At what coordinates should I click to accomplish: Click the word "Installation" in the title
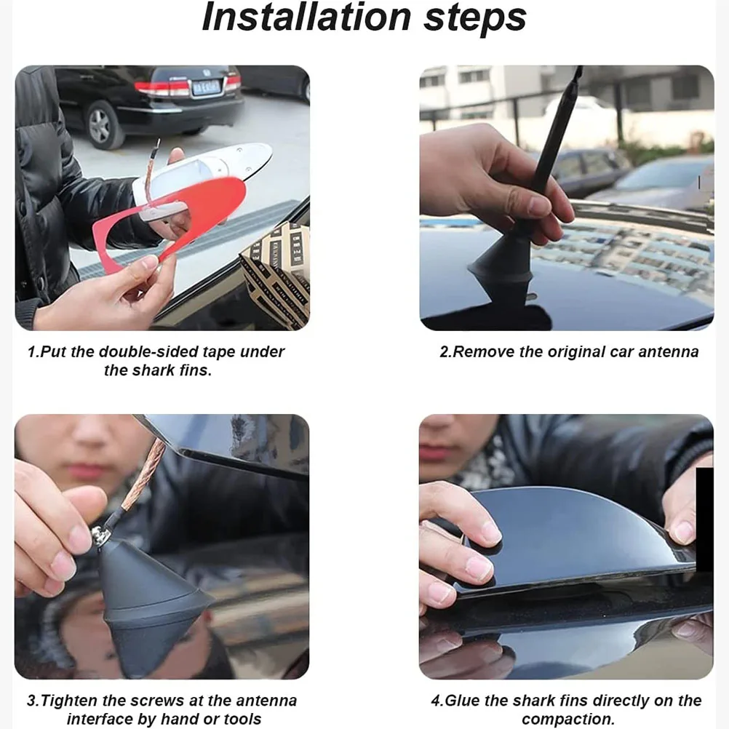(306, 17)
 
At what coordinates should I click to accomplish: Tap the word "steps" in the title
(474, 19)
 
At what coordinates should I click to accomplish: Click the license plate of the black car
(205, 86)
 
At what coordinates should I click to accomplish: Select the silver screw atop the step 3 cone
(99, 535)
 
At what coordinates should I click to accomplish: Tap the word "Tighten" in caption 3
(70, 701)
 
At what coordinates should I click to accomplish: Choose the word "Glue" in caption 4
(464, 701)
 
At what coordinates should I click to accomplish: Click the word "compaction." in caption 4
(568, 720)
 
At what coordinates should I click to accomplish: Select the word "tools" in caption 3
(242, 719)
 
